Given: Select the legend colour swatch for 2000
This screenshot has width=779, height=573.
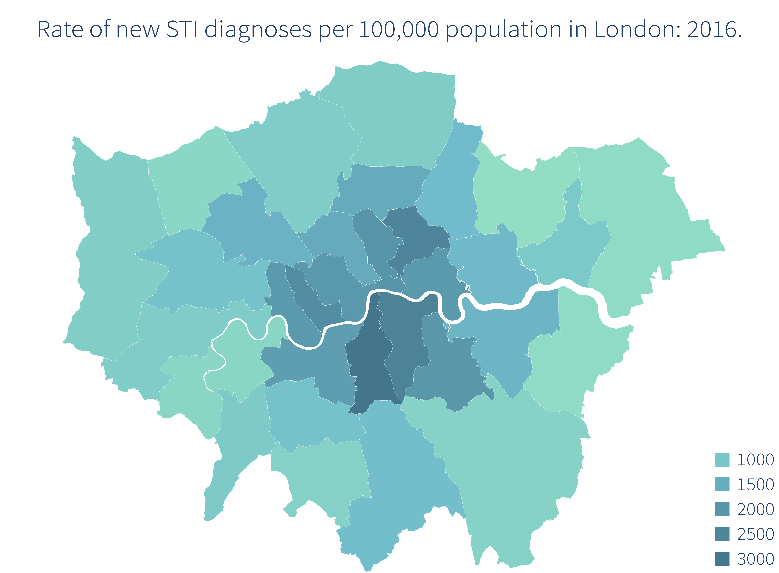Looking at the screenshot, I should click(x=722, y=509).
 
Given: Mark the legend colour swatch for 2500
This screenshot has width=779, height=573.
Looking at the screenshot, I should click(x=722, y=534).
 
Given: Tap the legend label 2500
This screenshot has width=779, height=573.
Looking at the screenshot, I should click(x=755, y=534).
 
